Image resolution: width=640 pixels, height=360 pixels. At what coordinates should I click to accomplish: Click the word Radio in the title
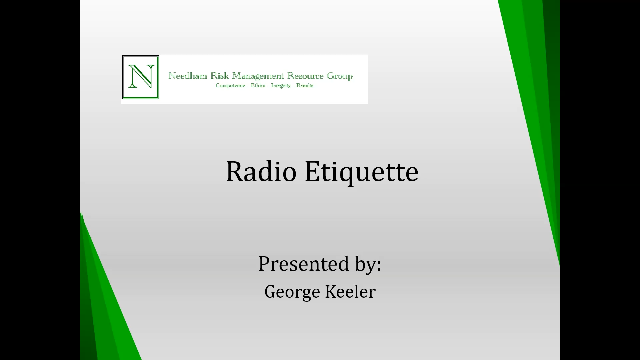(x=261, y=171)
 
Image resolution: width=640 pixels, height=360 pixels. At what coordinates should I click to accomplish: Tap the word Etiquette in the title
(x=362, y=172)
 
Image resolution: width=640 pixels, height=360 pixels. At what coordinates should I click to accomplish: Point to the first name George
(x=292, y=292)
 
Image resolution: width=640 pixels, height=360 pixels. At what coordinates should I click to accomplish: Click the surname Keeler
(x=350, y=292)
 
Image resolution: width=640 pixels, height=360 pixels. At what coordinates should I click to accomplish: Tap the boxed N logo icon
(x=140, y=77)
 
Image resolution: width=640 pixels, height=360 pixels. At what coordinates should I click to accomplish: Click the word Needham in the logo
(x=188, y=76)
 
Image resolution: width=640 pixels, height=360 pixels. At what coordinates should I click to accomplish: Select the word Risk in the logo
(x=220, y=76)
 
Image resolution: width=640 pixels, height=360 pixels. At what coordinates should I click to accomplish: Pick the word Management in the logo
(x=258, y=76)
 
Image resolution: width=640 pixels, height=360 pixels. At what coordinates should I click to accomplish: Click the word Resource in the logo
(x=305, y=76)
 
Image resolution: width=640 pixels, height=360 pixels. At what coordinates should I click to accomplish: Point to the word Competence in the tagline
(x=230, y=86)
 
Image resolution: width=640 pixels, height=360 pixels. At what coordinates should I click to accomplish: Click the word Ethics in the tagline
(x=258, y=85)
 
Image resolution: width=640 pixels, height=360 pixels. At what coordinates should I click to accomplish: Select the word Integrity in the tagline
(x=281, y=86)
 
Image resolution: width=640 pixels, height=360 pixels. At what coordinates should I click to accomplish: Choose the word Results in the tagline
(x=305, y=85)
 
